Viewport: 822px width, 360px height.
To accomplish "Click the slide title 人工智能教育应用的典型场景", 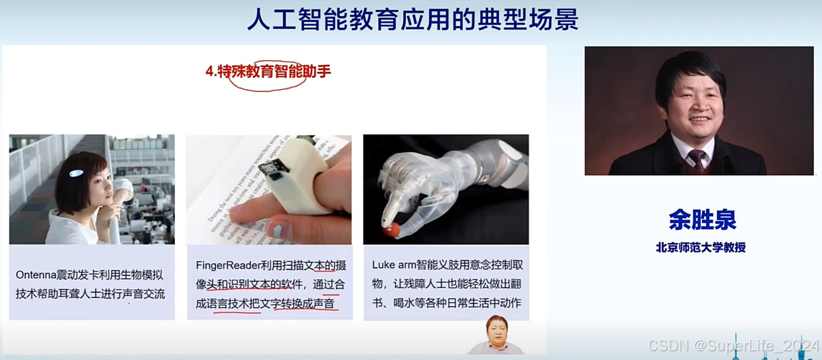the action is [413, 19].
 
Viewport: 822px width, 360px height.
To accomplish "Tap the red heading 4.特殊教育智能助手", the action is [268, 71].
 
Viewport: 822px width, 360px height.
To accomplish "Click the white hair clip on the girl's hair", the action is [76, 173].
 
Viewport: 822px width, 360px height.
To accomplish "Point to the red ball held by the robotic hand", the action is [392, 230].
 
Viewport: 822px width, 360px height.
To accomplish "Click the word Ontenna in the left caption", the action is [36, 275].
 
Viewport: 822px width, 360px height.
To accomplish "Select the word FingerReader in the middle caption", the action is [228, 265].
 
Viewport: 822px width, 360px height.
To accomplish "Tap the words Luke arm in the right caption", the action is [394, 264].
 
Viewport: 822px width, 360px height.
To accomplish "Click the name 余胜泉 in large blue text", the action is [703, 220].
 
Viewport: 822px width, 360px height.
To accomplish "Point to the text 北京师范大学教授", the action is [700, 247].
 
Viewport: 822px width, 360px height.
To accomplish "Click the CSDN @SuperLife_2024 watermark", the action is [733, 345].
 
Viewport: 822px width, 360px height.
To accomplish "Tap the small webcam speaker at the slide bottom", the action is [496, 335].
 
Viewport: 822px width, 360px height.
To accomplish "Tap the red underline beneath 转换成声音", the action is [306, 310].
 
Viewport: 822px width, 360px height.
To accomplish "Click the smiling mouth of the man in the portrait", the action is [699, 119].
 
